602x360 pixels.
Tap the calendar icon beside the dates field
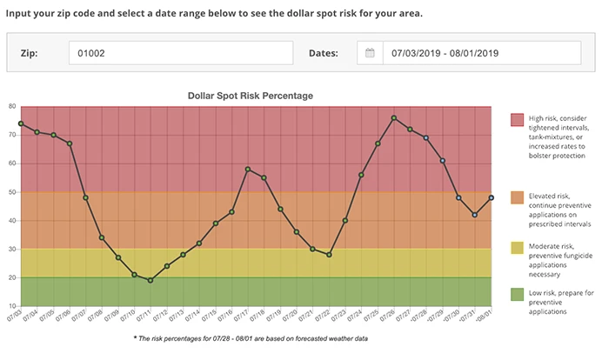[370, 53]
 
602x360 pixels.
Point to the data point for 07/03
[21, 123]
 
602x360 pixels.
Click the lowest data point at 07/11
[150, 280]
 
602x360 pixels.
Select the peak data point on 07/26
[394, 117]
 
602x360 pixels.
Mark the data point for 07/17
[248, 169]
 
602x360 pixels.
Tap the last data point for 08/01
[492, 197]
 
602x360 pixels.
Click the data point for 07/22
[329, 255]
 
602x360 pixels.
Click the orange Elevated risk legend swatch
[517, 198]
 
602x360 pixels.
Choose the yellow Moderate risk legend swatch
[517, 248]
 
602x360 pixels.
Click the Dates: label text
[324, 53]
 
